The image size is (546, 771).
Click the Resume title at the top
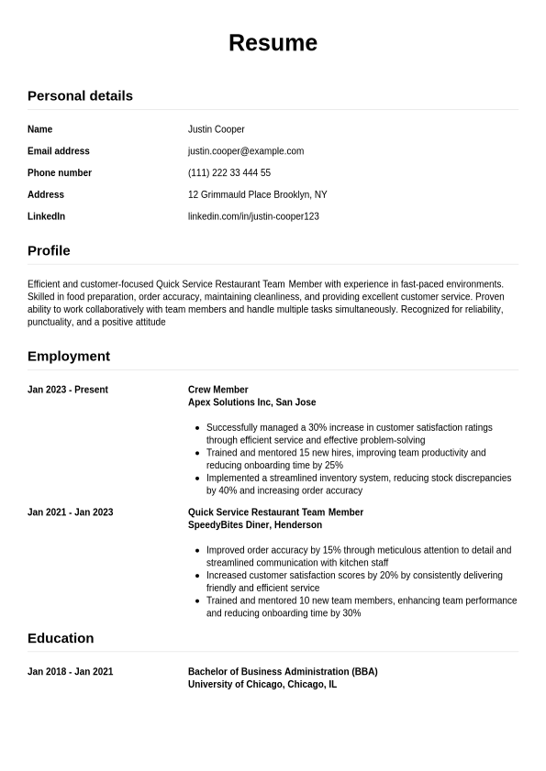click(x=273, y=43)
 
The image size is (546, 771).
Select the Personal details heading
click(x=80, y=95)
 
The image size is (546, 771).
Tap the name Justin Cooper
click(x=216, y=129)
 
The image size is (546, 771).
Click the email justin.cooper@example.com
click(x=246, y=151)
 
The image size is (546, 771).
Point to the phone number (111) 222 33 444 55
click(x=229, y=173)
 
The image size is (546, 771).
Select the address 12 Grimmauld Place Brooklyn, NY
click(x=257, y=195)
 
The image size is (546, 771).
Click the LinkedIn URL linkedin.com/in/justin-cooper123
click(x=253, y=217)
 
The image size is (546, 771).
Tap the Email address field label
click(x=59, y=151)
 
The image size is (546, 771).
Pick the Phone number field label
click(x=60, y=173)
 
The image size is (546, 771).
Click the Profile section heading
click(x=49, y=250)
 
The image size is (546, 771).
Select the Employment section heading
click(x=69, y=356)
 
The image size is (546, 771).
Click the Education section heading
click(x=61, y=638)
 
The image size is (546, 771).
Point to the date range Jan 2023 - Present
click(x=68, y=390)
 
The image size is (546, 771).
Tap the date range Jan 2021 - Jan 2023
click(x=71, y=512)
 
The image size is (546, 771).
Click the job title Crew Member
click(x=218, y=390)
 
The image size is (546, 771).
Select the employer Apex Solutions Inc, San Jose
click(x=251, y=402)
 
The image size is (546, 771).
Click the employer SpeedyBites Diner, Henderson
click(x=255, y=525)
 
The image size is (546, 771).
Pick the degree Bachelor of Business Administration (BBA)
click(x=283, y=672)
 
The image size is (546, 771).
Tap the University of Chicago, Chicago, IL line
click(x=262, y=685)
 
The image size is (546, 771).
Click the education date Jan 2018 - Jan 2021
click(x=71, y=672)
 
